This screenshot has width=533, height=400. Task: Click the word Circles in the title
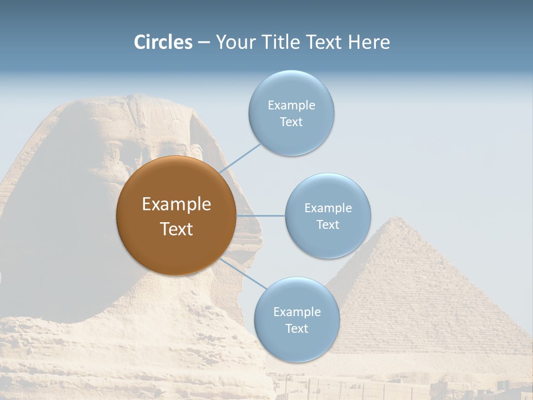(163, 42)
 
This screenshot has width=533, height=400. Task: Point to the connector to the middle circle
(260, 216)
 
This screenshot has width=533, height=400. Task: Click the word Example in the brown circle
(177, 204)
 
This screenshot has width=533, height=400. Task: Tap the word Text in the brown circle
(177, 229)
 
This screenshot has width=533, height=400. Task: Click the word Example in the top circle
(291, 105)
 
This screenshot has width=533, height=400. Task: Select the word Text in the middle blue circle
(328, 224)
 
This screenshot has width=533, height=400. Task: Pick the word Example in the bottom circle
(297, 312)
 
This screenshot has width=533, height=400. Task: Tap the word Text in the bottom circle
(296, 328)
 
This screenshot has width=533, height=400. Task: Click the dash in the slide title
(203, 42)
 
